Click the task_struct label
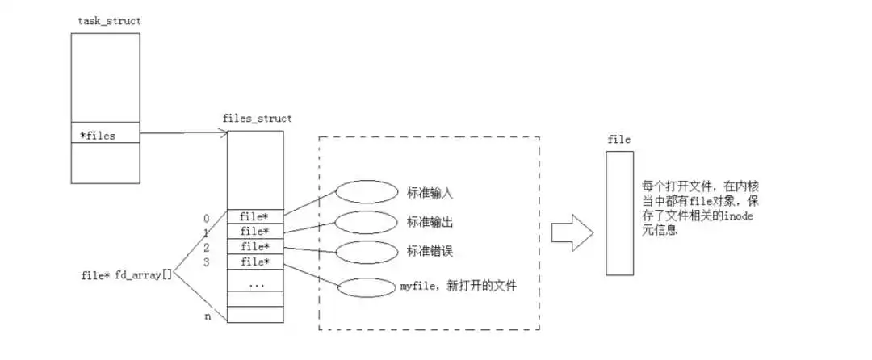tap(103, 20)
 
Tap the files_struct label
tap(257, 119)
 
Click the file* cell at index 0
tap(255, 216)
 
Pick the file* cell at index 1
tap(255, 232)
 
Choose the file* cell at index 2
tap(255, 246)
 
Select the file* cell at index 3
tap(255, 262)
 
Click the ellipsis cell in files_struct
tap(255, 284)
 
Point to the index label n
tap(208, 316)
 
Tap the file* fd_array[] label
tap(127, 275)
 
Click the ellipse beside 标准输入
tap(363, 192)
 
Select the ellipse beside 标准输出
tap(363, 220)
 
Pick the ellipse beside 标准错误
tap(363, 251)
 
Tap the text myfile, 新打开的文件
tap(458, 286)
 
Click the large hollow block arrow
tap(572, 232)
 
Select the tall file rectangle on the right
tap(618, 212)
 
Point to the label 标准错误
tap(430, 251)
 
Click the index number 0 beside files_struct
tap(207, 217)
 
